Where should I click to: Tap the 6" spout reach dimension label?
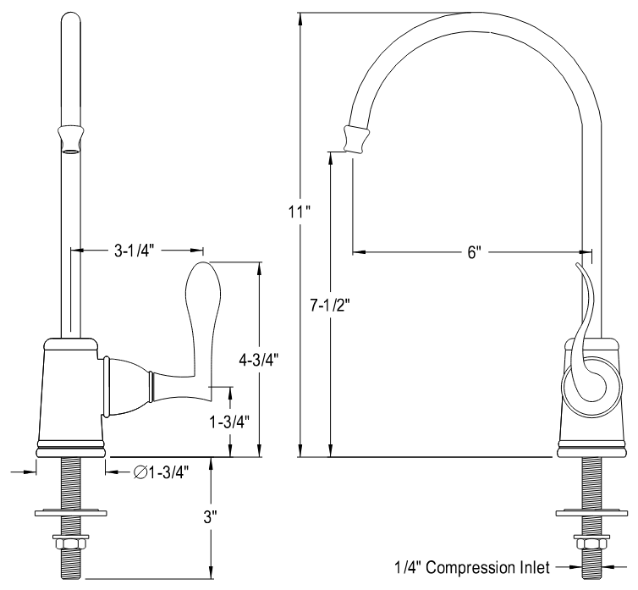(473, 252)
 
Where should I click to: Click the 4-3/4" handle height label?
(258, 358)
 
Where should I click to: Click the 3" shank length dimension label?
(209, 516)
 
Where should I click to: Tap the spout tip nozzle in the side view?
(355, 140)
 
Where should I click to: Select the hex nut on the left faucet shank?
(69, 541)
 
